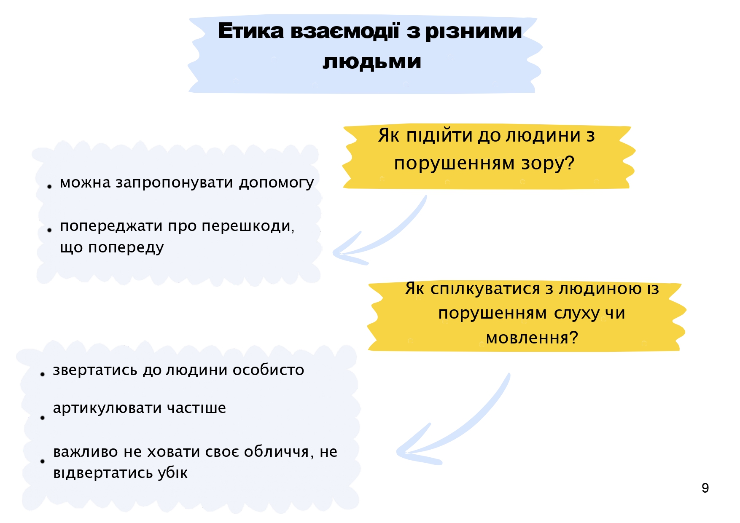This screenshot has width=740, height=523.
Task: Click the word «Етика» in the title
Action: [x=251, y=31]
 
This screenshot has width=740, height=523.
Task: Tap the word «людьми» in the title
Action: [x=372, y=62]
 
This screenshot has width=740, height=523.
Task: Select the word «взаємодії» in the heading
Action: [x=344, y=31]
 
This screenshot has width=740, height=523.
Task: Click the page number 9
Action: [x=705, y=488]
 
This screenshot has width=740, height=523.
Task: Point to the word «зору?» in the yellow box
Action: [x=548, y=164]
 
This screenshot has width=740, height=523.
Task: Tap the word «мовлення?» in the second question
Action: [x=532, y=338]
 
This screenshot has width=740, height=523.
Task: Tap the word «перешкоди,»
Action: [x=248, y=227]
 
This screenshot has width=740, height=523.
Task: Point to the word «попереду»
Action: [x=126, y=248]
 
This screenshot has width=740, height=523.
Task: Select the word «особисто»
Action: [x=268, y=370]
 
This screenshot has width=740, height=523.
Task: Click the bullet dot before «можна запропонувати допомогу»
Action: [x=49, y=186]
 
